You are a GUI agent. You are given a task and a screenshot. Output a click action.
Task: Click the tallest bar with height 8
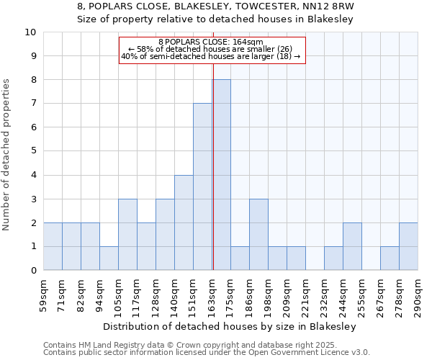[x=221, y=175]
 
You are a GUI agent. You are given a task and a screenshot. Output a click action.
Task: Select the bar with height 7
[x=202, y=187]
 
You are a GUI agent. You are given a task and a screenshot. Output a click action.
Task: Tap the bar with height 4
[x=184, y=222]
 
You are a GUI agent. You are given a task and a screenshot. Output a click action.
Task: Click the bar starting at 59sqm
[x=53, y=246]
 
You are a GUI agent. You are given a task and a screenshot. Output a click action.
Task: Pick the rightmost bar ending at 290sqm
[x=408, y=246]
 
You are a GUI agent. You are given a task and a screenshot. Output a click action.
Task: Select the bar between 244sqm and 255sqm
[x=352, y=246]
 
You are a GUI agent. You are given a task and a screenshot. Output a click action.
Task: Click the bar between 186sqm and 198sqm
[x=258, y=235]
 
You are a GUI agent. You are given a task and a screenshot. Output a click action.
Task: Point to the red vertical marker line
[x=213, y=166]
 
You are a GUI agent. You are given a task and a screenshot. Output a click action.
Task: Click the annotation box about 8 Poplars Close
[x=212, y=49]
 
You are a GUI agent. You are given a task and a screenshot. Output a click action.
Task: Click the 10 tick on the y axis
[x=30, y=32]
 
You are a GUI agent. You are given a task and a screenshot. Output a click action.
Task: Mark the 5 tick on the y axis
[x=32, y=151]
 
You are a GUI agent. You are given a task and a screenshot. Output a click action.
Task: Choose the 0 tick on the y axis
[x=32, y=271]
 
